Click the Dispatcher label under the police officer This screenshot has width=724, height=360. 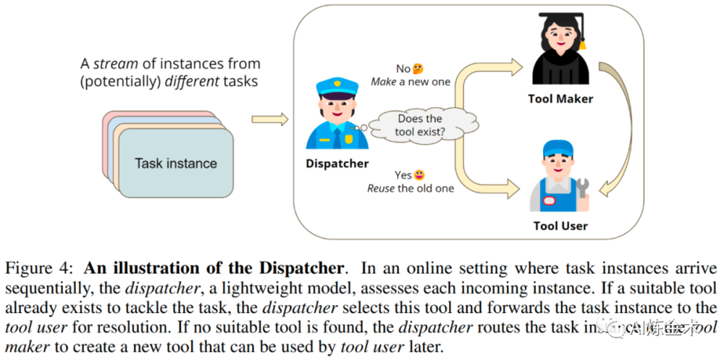337,164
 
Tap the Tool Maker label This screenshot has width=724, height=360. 560,99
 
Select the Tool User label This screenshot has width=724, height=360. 560,226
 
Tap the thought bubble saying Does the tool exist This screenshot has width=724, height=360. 420,125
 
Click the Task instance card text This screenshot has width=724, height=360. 176,163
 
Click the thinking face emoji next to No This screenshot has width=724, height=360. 418,69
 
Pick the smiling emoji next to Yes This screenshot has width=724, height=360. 419,175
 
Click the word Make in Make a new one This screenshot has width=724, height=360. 384,82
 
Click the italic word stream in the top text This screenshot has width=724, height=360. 112,64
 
